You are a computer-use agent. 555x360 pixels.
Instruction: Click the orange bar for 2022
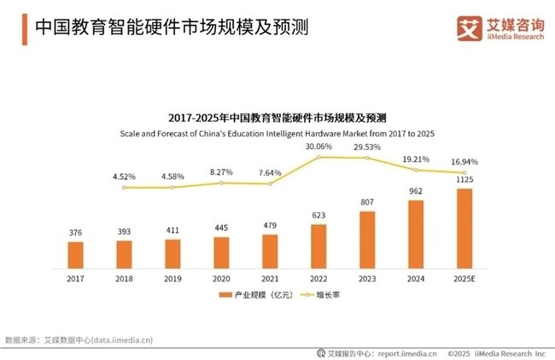pos(318,246)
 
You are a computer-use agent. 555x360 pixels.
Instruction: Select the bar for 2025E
pos(464,228)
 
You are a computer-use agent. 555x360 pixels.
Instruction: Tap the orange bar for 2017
pos(76,254)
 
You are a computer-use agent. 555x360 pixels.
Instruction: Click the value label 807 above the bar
pos(367,203)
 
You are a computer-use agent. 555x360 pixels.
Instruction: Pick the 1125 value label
pos(464,180)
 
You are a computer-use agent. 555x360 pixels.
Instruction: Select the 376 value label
pos(76,233)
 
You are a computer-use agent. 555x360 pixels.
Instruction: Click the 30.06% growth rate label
pos(318,146)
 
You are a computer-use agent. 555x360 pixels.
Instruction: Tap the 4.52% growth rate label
pos(125,177)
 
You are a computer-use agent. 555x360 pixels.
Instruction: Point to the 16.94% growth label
pos(464,160)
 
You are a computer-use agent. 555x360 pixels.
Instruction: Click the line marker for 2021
pos(270,183)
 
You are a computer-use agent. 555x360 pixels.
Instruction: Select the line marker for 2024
pos(416,170)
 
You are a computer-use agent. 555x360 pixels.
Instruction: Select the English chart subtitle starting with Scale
pos(277,133)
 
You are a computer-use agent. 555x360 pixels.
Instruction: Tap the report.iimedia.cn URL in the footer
pos(406,351)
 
